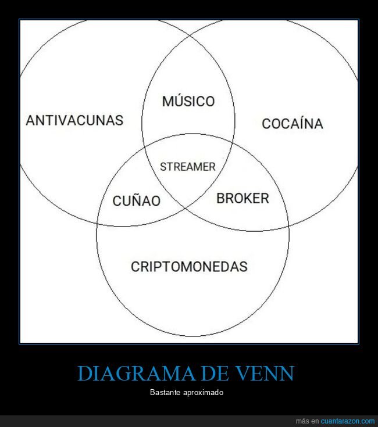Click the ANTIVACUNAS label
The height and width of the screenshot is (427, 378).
click(74, 120)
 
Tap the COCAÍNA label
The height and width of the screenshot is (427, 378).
click(292, 124)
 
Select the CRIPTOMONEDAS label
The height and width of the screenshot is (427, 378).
click(189, 267)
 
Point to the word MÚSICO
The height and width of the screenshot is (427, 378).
click(188, 102)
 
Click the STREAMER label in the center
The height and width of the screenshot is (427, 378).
click(187, 167)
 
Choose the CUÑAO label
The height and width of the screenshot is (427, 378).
click(136, 201)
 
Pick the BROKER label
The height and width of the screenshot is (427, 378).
click(243, 199)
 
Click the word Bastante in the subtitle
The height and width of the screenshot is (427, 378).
click(164, 393)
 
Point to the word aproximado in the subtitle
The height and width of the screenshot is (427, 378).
click(204, 393)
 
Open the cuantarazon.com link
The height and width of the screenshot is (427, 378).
click(348, 421)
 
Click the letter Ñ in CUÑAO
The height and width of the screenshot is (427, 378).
click(132, 201)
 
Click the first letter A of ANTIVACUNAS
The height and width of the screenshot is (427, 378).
click(31, 120)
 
